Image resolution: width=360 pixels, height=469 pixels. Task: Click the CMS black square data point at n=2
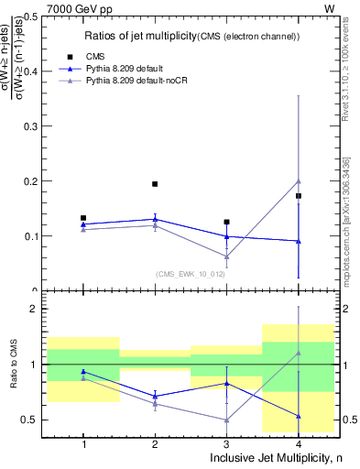(155, 184)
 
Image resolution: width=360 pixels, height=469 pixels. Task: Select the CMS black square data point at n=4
(299, 196)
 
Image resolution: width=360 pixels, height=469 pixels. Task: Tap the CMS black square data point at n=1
(83, 218)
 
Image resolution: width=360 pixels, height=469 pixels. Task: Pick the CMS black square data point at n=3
(226, 222)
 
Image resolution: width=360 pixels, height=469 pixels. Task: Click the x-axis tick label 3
(226, 444)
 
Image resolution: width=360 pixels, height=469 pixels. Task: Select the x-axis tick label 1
(83, 444)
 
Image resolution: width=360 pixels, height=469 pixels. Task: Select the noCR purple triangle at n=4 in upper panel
(299, 181)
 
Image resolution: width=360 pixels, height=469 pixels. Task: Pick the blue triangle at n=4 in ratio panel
(299, 416)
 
